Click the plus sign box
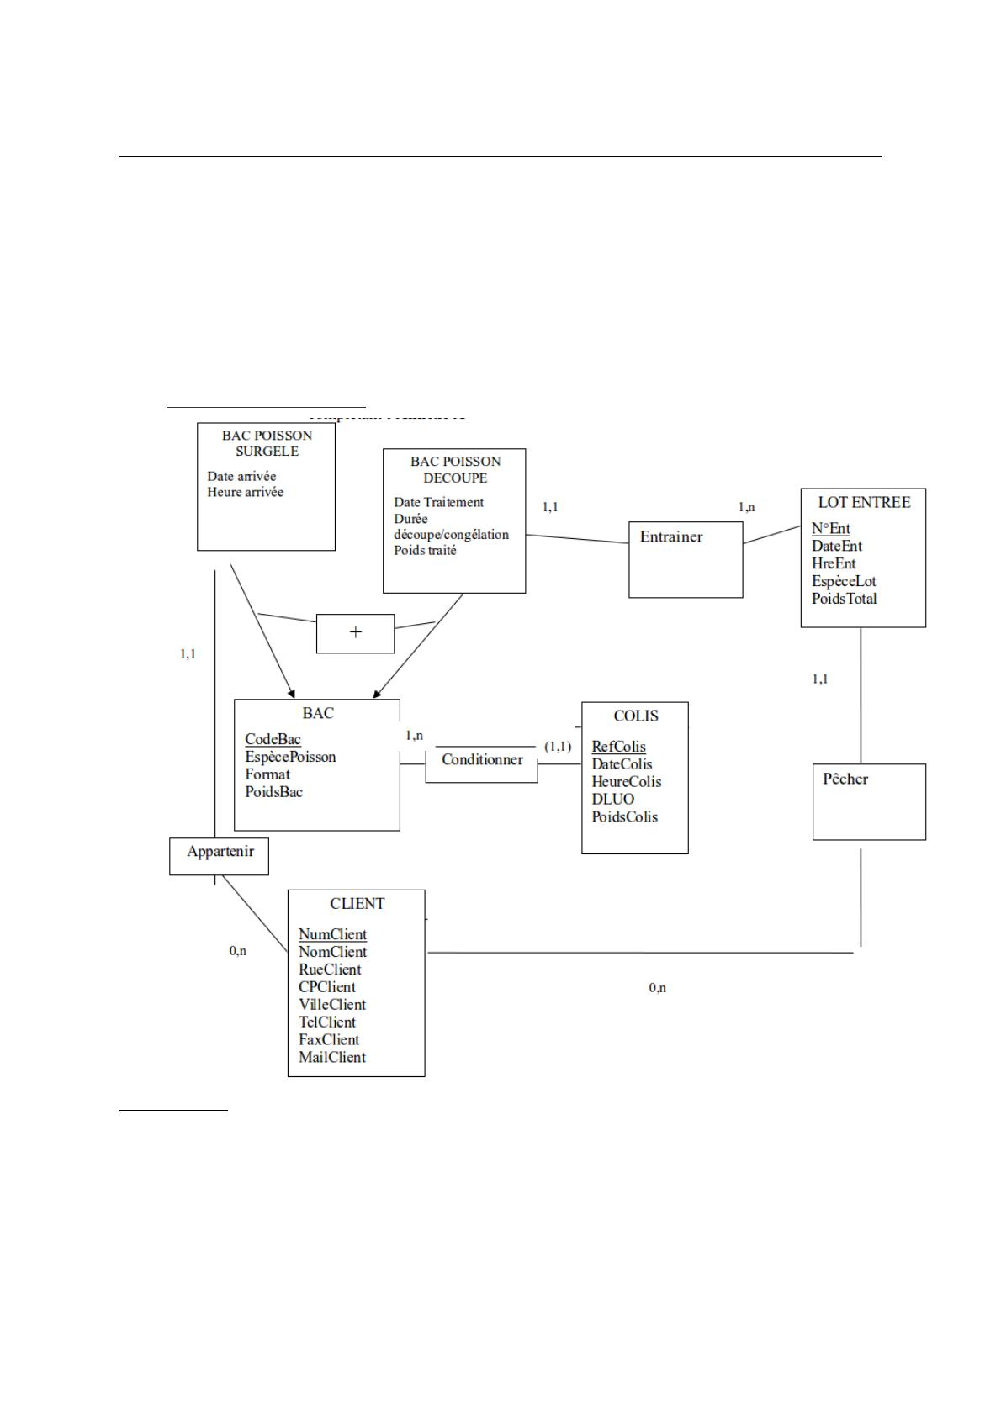(355, 633)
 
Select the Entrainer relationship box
(686, 559)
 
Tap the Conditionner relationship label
(482, 760)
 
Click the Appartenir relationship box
(220, 856)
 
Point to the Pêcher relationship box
(869, 801)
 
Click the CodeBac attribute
(273, 739)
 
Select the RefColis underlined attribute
(618, 747)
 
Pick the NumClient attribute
(332, 934)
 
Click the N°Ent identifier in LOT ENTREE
(830, 528)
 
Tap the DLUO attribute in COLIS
(612, 799)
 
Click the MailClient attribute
(332, 1057)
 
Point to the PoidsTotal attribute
(844, 599)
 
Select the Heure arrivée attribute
(246, 492)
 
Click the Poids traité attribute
(425, 550)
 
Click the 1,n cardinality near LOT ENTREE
(746, 507)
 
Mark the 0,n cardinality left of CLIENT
(238, 951)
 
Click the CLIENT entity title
(357, 904)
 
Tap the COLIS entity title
(636, 716)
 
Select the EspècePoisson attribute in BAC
(290, 757)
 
